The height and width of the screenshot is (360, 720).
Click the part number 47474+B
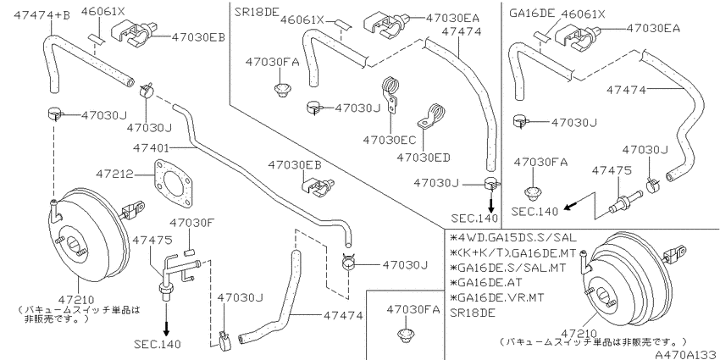pos(42,15)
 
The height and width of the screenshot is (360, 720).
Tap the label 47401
pos(151,148)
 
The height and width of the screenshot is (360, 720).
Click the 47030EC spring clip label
pos(390,139)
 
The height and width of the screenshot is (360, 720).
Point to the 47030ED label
pos(424,158)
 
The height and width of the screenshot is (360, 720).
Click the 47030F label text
pos(192,223)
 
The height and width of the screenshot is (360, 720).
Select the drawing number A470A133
pos(687,354)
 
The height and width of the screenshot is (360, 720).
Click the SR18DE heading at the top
pos(256,13)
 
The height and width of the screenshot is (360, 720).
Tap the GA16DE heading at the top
pos(532,14)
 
